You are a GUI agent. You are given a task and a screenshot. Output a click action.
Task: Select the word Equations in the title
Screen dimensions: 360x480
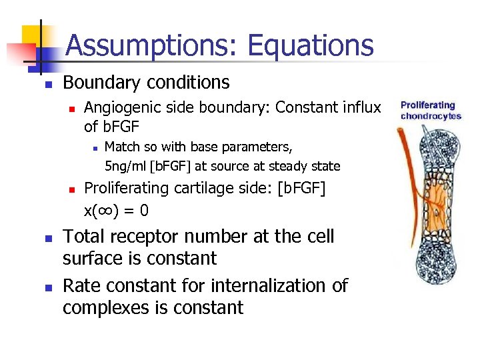(310, 45)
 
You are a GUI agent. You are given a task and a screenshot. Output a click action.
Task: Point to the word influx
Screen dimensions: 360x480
(360, 107)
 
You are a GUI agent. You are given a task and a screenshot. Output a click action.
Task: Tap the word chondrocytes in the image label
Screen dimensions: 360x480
(431, 117)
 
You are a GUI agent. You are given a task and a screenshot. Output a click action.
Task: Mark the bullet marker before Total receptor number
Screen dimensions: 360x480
(47, 238)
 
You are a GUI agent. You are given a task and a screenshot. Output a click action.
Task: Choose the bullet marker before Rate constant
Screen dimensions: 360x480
(47, 287)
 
